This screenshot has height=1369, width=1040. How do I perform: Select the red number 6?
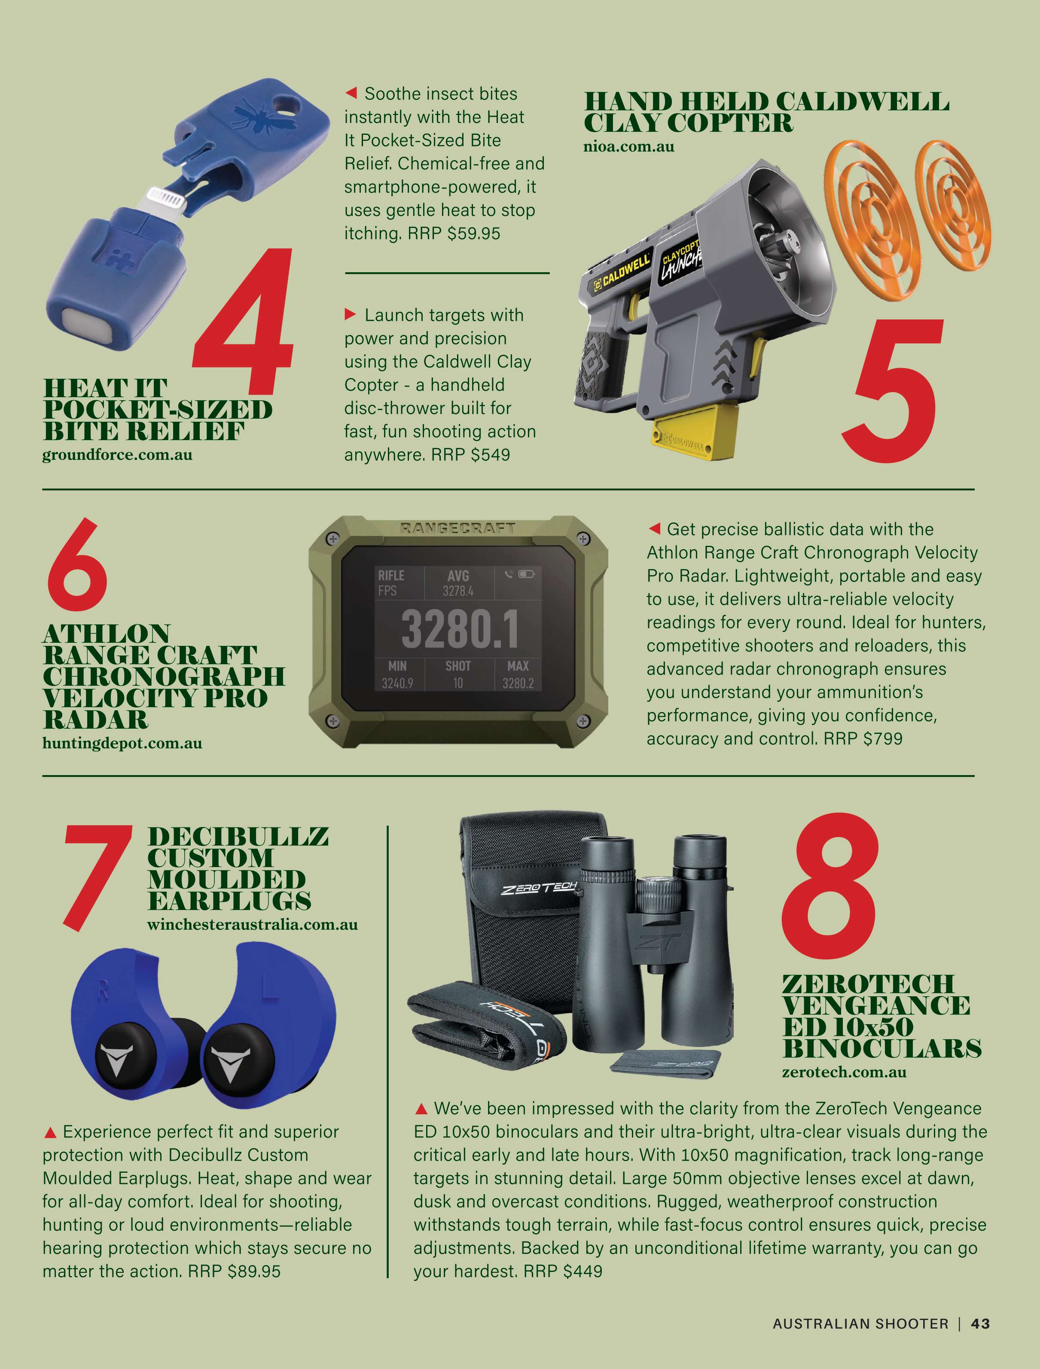tap(77, 564)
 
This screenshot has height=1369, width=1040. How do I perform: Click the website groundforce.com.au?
tap(117, 455)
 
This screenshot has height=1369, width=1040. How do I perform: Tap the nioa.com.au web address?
tap(629, 147)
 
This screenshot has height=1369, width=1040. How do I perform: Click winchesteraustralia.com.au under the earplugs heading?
tap(253, 925)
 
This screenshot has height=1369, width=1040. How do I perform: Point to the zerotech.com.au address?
tap(845, 1072)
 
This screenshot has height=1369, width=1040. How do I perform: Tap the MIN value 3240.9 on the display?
tap(397, 683)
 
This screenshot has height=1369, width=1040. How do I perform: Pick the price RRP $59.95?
tap(454, 233)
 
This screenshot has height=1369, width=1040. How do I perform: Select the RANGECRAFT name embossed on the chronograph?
tap(457, 528)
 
